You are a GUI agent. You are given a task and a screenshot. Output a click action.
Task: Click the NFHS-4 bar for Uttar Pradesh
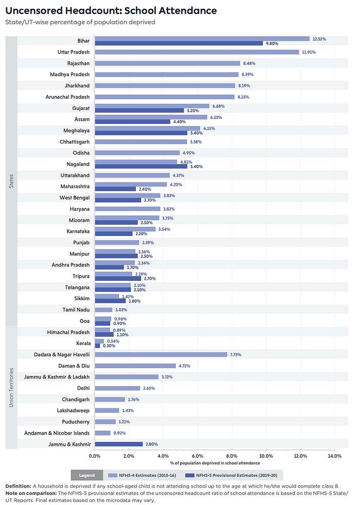pyautogui.click(x=196, y=52)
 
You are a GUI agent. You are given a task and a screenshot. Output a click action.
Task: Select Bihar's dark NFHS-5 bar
pyautogui.click(x=178, y=44)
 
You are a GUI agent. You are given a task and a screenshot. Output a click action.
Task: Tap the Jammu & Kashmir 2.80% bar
pyautogui.click(x=118, y=444)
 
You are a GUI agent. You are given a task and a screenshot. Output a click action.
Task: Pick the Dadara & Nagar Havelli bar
pyautogui.click(x=160, y=354)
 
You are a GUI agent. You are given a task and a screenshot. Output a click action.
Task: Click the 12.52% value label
pyautogui.click(x=319, y=39)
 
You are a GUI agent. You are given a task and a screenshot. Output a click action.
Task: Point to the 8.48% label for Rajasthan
pyautogui.click(x=249, y=63)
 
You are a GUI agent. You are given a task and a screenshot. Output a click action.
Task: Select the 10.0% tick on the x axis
pyautogui.click(x=266, y=456)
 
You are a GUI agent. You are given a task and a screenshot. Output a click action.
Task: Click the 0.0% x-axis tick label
pyautogui.click(x=95, y=456)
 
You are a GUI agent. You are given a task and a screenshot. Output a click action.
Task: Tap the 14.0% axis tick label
pyautogui.click(x=334, y=456)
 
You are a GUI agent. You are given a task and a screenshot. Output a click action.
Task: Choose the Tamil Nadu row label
pyautogui.click(x=76, y=310)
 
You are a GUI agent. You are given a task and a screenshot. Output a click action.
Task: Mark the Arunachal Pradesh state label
pyautogui.click(x=67, y=97)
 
